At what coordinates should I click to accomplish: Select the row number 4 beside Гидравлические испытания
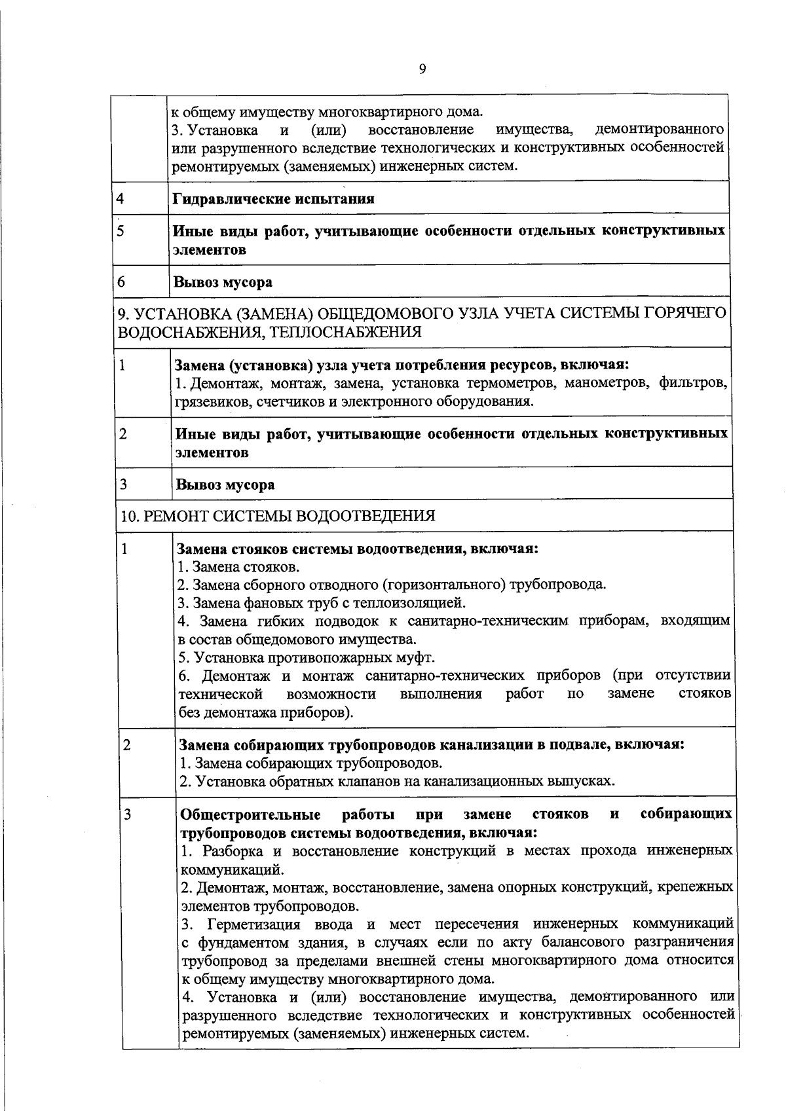click(121, 198)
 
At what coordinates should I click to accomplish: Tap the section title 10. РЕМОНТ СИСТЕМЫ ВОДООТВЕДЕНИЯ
click(278, 516)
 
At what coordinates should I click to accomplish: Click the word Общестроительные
click(250, 814)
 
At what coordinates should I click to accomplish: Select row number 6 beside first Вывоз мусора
click(121, 282)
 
